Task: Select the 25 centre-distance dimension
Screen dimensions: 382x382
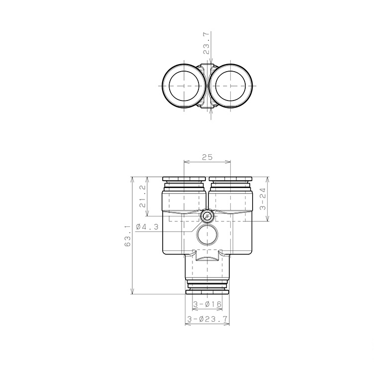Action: pos(207,157)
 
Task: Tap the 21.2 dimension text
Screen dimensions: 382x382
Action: pos(143,196)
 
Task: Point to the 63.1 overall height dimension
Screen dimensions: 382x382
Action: pos(128,236)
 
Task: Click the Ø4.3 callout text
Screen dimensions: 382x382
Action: pos(147,227)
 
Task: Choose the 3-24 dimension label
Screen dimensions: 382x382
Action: pos(263,199)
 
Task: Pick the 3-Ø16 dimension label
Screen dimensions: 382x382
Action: pos(207,304)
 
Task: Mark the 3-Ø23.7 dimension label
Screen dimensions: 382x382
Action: pos(207,319)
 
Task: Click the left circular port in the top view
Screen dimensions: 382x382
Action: pos(184,86)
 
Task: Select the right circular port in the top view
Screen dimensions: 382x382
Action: pos(230,86)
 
